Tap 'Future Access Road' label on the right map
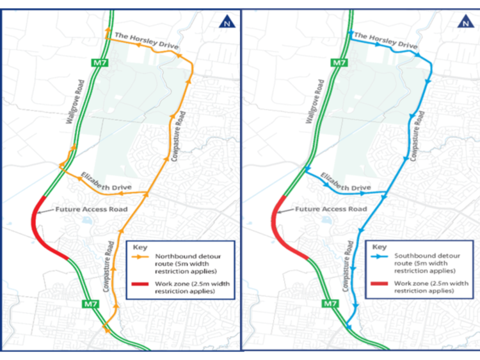pos(331,209)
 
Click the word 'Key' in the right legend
pos(379,246)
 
